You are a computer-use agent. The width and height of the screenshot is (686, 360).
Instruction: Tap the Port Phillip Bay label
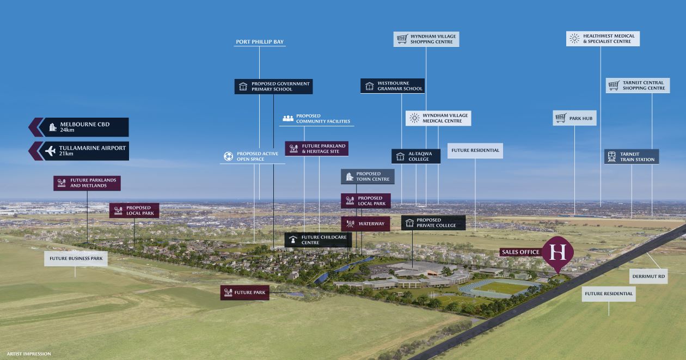coord(260,42)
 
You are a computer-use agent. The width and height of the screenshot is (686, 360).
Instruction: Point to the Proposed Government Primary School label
coord(274,87)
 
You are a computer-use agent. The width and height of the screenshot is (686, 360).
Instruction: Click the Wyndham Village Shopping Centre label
coord(426,39)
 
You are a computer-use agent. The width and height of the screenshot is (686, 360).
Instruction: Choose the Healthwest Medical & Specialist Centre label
coord(603,39)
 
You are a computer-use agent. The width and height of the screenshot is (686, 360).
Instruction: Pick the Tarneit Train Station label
coord(632,157)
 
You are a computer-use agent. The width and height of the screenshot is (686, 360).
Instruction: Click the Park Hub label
coord(574,118)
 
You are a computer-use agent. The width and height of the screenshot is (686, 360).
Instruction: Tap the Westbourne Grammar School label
coord(393,86)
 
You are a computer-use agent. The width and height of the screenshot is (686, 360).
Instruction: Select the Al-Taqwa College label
coord(416,157)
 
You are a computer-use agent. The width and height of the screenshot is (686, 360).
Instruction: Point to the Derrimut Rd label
coord(648,276)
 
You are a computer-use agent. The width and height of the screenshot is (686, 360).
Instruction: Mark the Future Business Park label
coord(76,259)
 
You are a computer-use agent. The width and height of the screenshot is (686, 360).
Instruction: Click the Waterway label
coord(365,224)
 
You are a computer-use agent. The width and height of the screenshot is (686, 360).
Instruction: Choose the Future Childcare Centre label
coord(318,240)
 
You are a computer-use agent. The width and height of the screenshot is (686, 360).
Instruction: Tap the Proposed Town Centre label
coord(367,176)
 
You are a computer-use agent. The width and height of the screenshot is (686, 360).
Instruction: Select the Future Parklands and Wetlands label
coord(87,183)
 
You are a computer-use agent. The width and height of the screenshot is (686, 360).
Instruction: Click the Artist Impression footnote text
coord(29,354)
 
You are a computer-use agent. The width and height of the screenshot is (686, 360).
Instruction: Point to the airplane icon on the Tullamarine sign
coord(51,151)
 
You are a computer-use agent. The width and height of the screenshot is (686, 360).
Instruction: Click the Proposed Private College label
coord(433,223)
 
